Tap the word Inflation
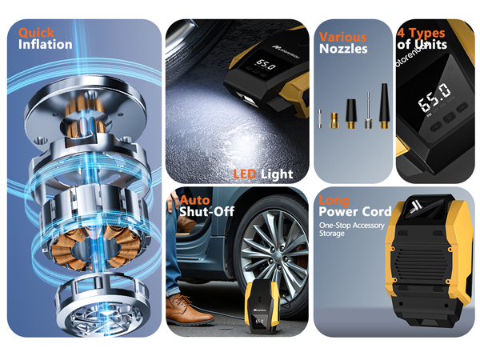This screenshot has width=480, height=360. click(x=46, y=45)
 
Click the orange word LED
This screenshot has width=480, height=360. click(x=246, y=174)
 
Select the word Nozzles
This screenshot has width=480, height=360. click(x=343, y=50)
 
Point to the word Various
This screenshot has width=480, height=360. click(x=343, y=37)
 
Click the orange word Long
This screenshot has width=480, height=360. click(x=334, y=200)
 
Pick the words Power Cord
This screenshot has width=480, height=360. click(x=355, y=212)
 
